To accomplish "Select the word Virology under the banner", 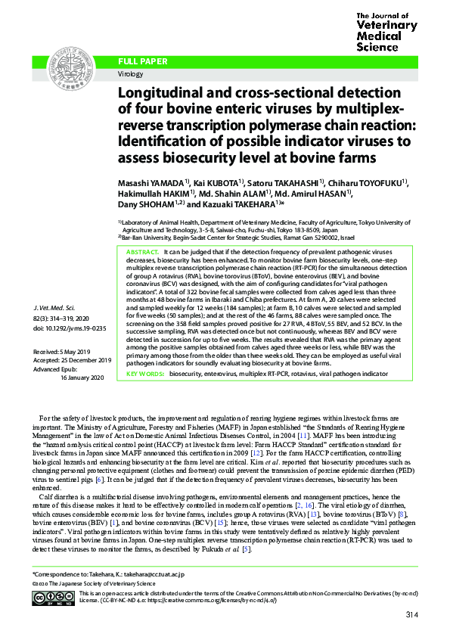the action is (x=130, y=74).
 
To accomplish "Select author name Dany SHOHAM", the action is (x=147, y=205).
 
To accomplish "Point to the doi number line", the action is (x=68, y=329).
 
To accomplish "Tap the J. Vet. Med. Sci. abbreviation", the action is (x=61, y=310).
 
